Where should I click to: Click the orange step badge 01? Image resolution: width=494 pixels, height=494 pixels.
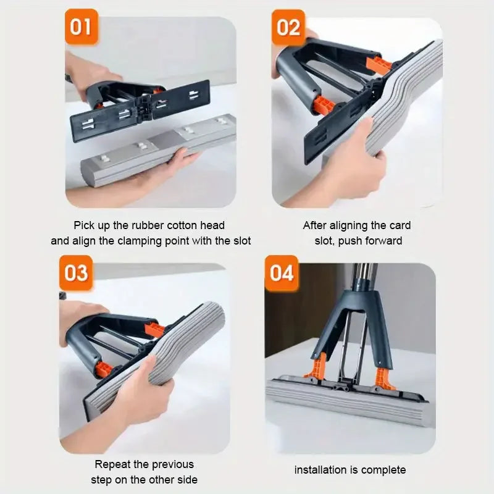82,27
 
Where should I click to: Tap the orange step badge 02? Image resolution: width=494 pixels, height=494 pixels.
288,27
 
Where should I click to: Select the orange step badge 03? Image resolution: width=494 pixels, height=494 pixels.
76,273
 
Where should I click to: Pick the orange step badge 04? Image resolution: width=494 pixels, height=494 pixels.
282,273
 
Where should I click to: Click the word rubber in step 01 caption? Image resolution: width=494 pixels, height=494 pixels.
148,225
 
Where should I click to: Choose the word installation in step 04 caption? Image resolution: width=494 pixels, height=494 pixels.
320,470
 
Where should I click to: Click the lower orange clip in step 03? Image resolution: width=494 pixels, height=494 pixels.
104,369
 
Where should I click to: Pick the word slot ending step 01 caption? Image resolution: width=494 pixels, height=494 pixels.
242,241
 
